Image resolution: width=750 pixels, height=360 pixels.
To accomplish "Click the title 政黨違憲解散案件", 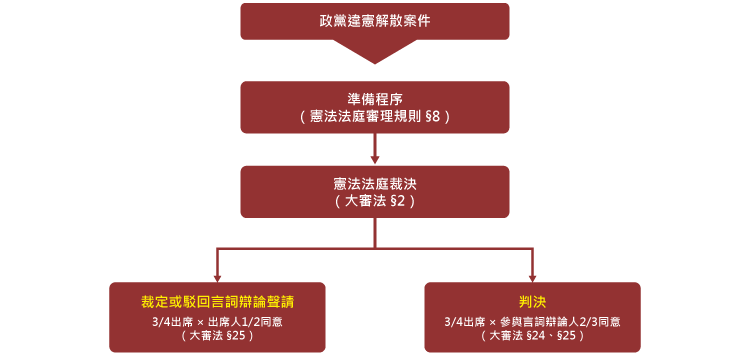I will pos(375,20).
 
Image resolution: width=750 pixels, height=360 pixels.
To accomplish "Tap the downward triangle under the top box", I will pos(375,51).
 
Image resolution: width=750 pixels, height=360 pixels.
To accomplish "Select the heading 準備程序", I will pos(375,98).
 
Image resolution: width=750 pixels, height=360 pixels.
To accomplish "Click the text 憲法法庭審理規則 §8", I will pos(375,117).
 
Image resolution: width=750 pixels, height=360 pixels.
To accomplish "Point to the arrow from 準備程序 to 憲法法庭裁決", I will pos(375,146).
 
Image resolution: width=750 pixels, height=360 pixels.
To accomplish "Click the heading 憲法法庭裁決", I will pos(375,183).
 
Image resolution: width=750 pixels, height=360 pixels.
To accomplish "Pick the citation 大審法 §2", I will pos(375,201).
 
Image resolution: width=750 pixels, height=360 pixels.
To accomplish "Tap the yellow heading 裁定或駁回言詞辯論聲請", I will pos(217,301).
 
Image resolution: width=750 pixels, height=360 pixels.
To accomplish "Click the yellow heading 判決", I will pos(532,301).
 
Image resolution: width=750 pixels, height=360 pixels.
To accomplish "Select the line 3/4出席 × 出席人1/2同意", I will pos(217,321).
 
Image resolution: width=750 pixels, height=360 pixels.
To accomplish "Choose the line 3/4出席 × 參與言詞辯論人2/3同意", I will pos(532,321).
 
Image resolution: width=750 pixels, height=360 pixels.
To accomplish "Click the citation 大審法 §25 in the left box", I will pos(217,336).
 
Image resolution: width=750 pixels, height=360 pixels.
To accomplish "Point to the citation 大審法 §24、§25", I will pos(532,336).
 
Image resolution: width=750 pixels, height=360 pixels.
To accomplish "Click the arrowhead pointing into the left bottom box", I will pos(217,278).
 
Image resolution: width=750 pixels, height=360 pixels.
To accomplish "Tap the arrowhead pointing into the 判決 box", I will pos(532,278).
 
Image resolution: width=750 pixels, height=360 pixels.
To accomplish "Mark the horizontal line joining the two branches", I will pos(375,248).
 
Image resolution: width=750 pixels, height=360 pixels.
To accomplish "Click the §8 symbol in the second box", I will pos(432,117).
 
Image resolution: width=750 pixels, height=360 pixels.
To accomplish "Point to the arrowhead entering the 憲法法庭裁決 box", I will pos(375,159).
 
